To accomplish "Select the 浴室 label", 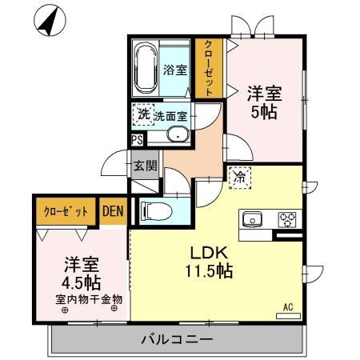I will pyautogui.click(x=175, y=70).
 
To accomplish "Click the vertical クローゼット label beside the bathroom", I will pyautogui.click(x=209, y=68).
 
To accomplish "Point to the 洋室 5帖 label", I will pyautogui.click(x=263, y=102).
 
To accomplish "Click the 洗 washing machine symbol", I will pyautogui.click(x=143, y=115).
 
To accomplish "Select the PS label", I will pyautogui.click(x=138, y=138).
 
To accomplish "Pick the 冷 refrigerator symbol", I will pyautogui.click(x=239, y=178).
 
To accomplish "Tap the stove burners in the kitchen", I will pyautogui.click(x=286, y=219).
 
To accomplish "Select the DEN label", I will pyautogui.click(x=112, y=212).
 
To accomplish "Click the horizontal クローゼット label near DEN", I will pyautogui.click(x=63, y=212).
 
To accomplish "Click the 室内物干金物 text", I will pyautogui.click(x=88, y=301).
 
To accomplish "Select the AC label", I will pyautogui.click(x=288, y=306).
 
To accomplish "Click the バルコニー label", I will pyautogui.click(x=178, y=339).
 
